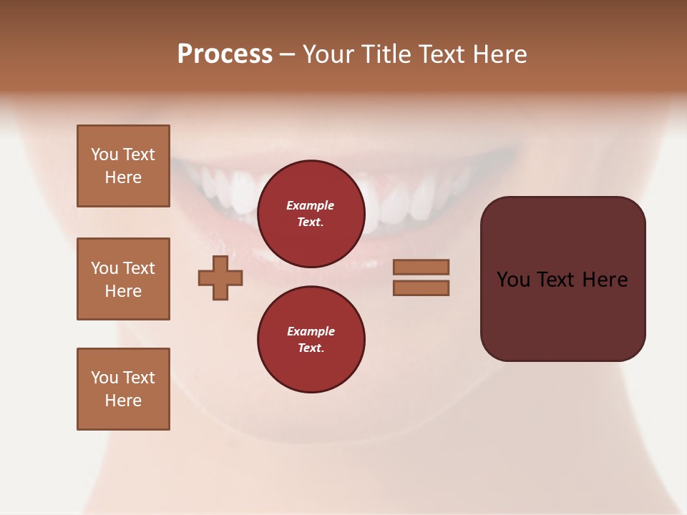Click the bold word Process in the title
point(225,54)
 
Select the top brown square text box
point(123,166)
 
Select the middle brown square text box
point(123,279)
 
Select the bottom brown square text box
point(123,389)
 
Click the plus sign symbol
point(220,278)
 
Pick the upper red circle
point(311,214)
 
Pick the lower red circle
point(311,340)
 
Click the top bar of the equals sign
point(421,267)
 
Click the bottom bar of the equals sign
point(421,288)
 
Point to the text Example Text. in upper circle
point(311,214)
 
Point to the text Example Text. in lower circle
point(311,340)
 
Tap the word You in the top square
point(104,154)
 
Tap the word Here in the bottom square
point(123,401)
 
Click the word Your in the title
point(326,54)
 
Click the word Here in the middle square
point(123,291)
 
